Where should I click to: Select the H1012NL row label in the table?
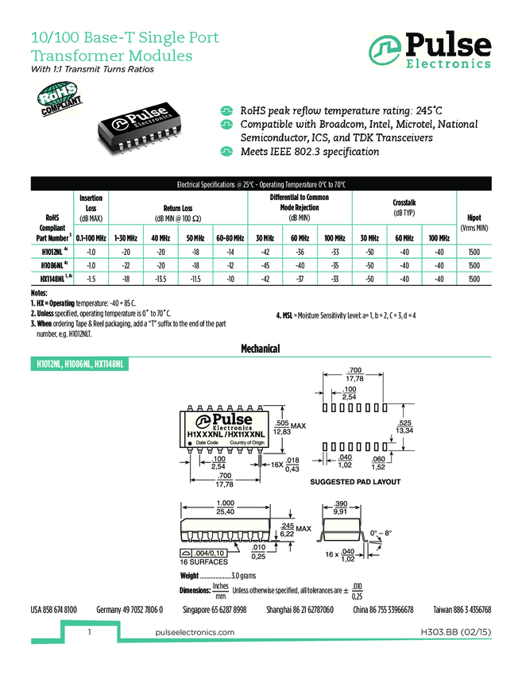click(x=54, y=252)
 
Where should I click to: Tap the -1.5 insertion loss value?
click(x=91, y=280)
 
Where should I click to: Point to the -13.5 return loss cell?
click(x=160, y=280)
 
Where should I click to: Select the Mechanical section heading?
click(x=261, y=349)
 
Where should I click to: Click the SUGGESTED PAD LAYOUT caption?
click(x=355, y=482)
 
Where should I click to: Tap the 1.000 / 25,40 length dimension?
click(x=226, y=508)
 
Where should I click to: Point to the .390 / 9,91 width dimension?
click(x=341, y=508)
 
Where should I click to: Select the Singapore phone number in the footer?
click(x=215, y=610)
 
